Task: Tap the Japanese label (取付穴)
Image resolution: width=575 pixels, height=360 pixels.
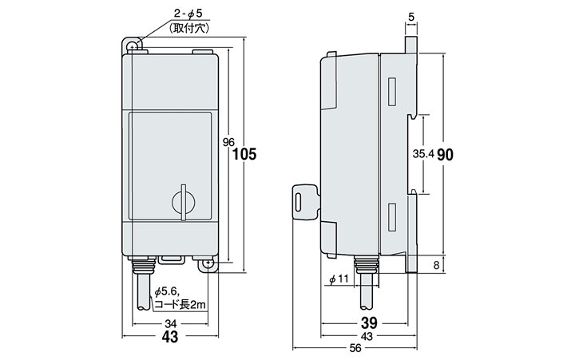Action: coord(189,29)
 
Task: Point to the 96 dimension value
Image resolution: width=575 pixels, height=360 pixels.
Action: coord(228,142)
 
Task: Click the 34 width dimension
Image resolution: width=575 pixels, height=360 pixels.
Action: coord(171,324)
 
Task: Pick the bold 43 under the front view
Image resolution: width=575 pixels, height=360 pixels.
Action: coord(170,337)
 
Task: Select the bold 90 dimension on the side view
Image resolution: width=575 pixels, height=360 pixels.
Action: coord(445,155)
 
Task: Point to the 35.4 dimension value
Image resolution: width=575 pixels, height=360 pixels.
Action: coord(423,155)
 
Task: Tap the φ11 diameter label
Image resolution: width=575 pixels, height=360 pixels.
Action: coord(338,279)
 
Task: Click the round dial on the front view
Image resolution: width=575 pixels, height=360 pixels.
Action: coord(183,201)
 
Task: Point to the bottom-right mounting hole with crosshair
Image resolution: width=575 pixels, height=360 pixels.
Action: coord(208,262)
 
